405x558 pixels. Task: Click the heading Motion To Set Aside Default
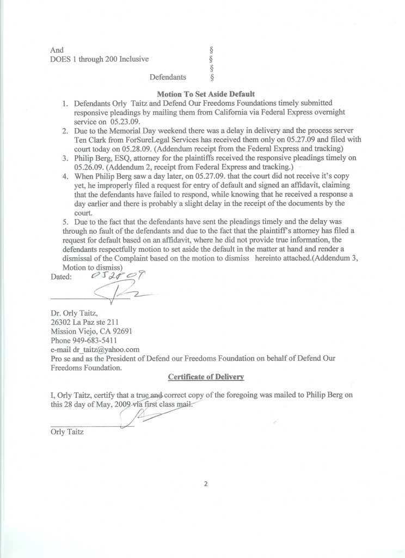206,94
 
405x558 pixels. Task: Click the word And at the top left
57,50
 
